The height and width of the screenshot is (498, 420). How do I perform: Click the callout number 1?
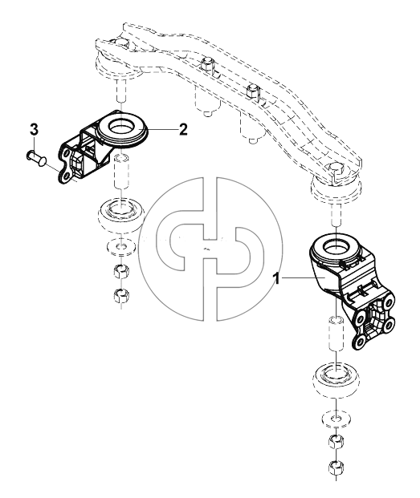pos(277,279)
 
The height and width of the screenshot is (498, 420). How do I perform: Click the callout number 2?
pos(183,129)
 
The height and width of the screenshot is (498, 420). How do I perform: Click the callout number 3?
pos(35,130)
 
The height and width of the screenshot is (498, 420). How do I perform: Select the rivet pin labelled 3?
pos(36,158)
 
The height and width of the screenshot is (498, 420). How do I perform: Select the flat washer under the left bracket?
pos(120,247)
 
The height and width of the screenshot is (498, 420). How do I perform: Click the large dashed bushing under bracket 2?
pos(121,215)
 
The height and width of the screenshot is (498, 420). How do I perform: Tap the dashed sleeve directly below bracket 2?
pos(121,171)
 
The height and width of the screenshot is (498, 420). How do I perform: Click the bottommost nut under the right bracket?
pos(335,468)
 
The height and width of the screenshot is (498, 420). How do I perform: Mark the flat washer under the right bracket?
pos(336,419)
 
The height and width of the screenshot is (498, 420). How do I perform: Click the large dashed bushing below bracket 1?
pos(336,381)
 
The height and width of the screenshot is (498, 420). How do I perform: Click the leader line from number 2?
pos(162,129)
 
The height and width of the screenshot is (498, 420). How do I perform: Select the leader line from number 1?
pos(303,278)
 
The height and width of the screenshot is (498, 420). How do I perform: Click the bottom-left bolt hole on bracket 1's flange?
pos(359,342)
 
